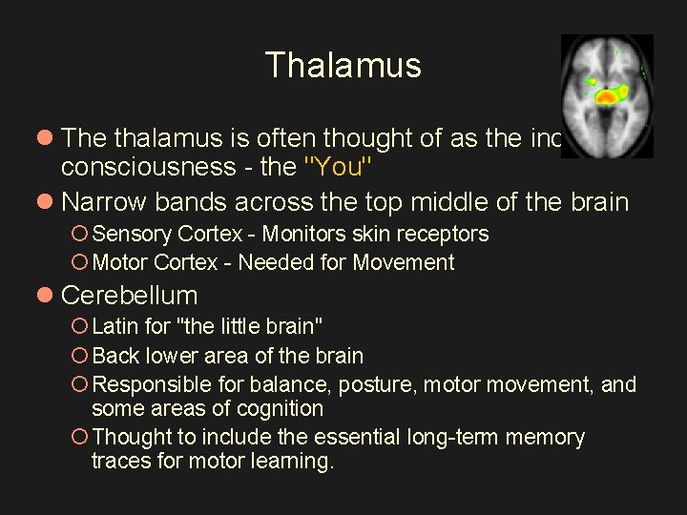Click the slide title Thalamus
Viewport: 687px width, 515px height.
[343, 65]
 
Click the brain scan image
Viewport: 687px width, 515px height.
[606, 95]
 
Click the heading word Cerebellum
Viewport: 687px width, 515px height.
[129, 296]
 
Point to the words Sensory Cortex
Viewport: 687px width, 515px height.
[166, 234]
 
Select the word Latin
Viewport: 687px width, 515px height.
[114, 326]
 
